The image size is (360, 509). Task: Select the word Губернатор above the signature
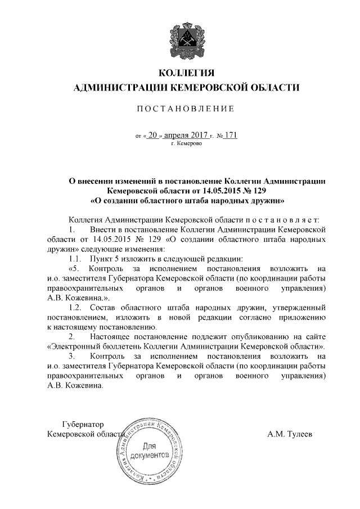83,424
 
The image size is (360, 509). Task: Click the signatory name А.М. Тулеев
291,434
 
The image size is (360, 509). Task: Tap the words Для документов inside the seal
149,450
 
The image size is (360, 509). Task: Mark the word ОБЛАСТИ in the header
269,87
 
